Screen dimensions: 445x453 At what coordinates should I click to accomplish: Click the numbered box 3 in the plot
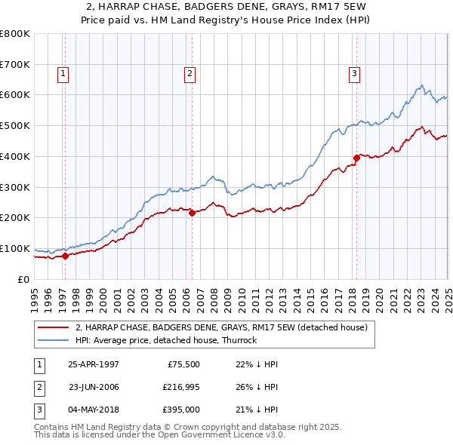(x=354, y=73)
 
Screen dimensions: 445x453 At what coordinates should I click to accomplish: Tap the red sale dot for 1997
(x=66, y=256)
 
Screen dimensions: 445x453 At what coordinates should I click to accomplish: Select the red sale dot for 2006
(x=192, y=213)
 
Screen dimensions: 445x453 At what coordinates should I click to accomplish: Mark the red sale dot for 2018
(x=356, y=158)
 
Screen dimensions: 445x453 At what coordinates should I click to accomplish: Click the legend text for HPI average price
(x=166, y=340)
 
